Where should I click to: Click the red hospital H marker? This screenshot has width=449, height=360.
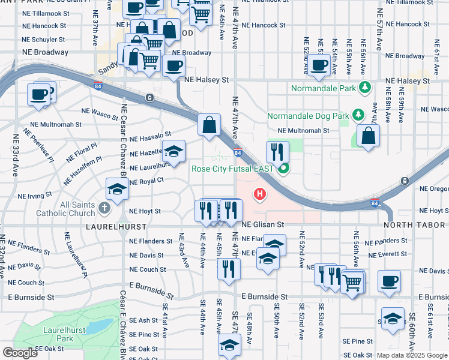[x=260, y=194]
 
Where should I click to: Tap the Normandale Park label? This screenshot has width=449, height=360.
[x=324, y=88]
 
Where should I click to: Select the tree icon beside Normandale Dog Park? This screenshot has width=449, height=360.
[x=358, y=113]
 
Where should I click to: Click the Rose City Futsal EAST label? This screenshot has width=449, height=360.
[x=233, y=169]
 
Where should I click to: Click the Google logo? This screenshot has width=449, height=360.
[x=20, y=353]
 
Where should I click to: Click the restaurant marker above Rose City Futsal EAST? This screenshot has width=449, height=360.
[x=277, y=152]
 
